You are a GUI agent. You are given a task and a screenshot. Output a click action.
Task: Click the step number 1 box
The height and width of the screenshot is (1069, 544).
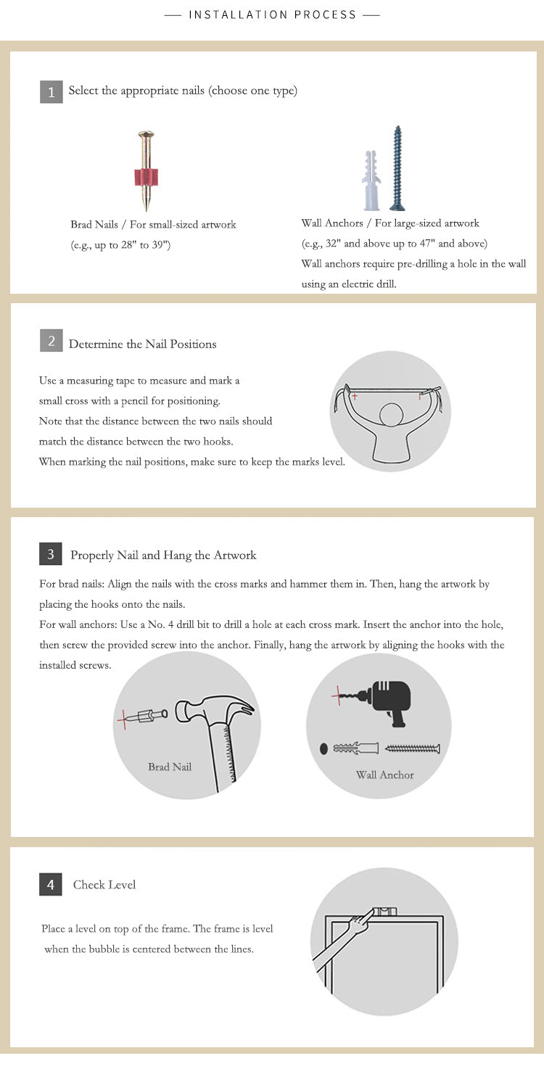coord(51,92)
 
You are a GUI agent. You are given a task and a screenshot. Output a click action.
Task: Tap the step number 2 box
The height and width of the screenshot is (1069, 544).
coord(51,340)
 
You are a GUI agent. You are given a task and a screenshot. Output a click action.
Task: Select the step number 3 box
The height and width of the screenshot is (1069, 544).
coord(50,554)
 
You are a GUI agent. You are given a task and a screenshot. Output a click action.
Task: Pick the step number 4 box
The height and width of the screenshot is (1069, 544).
coord(50,885)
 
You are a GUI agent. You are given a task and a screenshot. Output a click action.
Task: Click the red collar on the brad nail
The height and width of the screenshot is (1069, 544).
coord(146,177)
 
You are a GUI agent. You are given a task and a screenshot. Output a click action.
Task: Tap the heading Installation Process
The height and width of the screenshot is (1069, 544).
coord(272,15)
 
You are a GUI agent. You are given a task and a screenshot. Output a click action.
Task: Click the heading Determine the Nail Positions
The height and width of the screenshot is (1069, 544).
coord(142,344)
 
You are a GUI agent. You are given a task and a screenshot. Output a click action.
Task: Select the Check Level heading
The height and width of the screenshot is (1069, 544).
coord(104,885)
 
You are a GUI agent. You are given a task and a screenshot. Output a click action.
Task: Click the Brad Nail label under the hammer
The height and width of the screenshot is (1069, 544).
coord(170,767)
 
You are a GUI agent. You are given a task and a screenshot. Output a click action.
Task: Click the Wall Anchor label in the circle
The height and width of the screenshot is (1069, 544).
coord(385,775)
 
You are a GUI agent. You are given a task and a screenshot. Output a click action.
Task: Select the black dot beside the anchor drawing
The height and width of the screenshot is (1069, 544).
coord(323,748)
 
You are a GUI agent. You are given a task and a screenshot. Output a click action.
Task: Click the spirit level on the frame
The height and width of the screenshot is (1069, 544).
coord(385,911)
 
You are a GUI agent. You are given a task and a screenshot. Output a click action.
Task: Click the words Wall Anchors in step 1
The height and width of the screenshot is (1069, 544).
coord(332,223)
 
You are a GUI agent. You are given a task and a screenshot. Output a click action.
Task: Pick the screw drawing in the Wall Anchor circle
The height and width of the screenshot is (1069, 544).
coord(412,748)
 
